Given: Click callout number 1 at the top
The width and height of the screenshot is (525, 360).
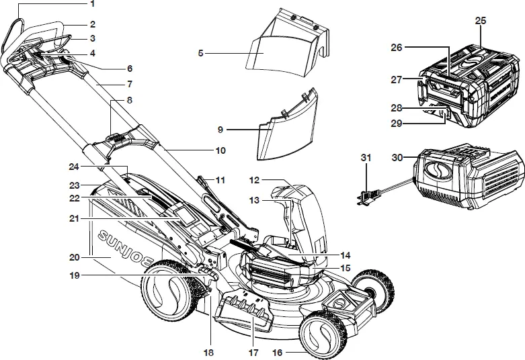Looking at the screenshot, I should point(92,4).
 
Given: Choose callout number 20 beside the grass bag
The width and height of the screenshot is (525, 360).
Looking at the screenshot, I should point(75,257).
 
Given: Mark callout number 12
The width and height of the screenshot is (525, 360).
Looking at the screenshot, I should point(253,180).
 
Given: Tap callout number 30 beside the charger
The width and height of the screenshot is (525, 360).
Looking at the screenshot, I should point(397,157).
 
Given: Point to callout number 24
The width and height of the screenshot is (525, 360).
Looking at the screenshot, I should point(75,166).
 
